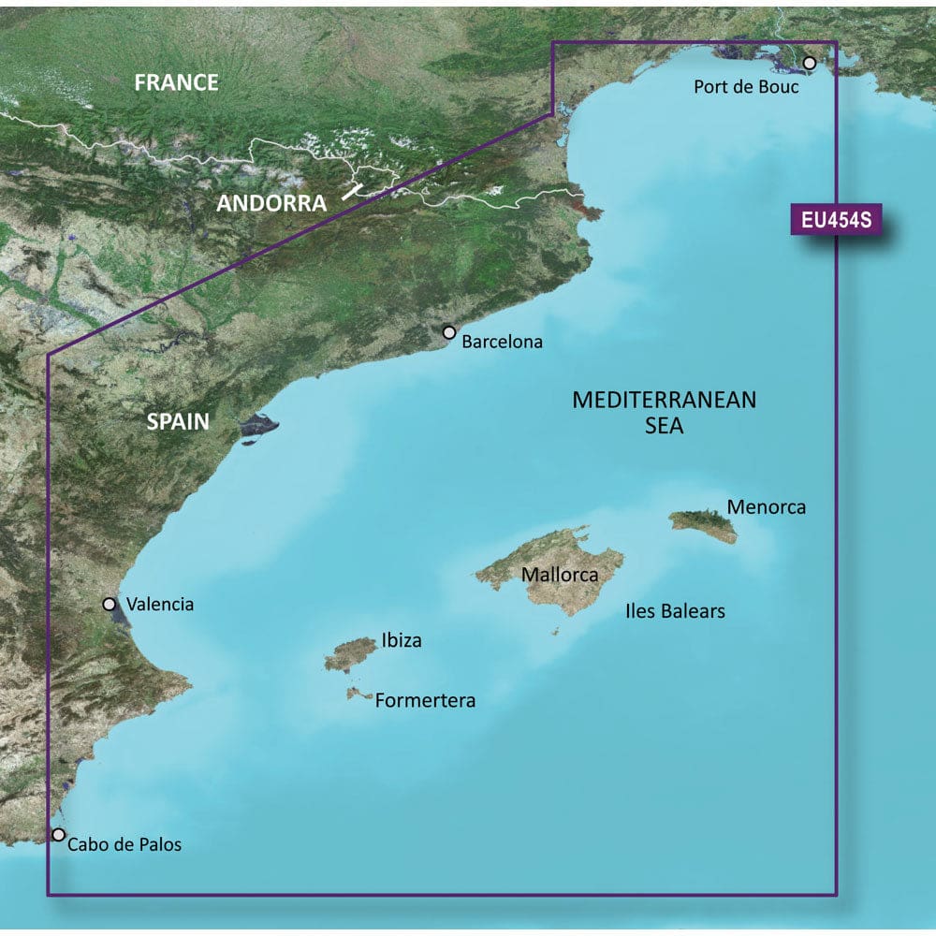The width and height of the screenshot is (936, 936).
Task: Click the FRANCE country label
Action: coord(176,82)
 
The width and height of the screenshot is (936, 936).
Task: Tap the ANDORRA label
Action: coord(271,203)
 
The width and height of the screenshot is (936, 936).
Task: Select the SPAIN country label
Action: coord(178,422)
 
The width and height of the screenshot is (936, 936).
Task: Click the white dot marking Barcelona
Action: coord(449,332)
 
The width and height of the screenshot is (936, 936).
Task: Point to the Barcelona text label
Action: coord(503,343)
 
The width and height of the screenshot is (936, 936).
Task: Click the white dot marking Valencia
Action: coord(110,605)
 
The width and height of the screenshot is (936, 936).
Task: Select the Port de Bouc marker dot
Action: coord(810,63)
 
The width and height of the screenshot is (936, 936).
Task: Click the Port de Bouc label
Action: coord(746,88)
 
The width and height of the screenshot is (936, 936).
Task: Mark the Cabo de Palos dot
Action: coord(59,834)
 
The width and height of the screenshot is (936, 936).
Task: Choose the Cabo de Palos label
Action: coord(124,845)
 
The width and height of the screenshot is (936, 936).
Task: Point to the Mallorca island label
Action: coord(560,575)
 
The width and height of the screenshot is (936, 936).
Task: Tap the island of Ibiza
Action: coord(351,653)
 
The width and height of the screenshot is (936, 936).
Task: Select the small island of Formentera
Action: coord(358,694)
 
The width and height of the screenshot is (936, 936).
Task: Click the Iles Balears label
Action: coord(675,612)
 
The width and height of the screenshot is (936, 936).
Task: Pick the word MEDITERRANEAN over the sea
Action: coord(664,401)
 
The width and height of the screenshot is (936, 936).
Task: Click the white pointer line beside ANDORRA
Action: coord(352,191)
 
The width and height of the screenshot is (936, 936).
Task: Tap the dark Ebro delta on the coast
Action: coord(257,427)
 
